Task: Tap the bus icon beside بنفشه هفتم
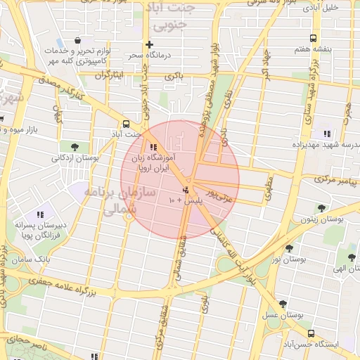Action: tap(312, 38)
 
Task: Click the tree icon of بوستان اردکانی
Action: tap(75, 147)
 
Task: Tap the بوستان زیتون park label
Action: tap(322, 219)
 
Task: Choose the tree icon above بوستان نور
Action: tap(289, 248)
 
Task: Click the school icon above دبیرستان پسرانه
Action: tap(41, 214)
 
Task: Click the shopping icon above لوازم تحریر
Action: tap(77, 39)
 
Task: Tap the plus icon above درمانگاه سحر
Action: tap(149, 44)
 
